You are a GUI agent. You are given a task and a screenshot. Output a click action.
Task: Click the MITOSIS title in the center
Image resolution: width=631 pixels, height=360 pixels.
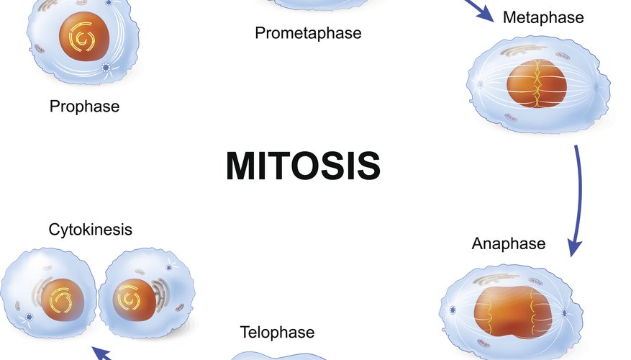click(x=303, y=166)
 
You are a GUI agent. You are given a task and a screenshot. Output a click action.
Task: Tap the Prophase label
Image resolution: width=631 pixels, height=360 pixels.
click(x=84, y=107)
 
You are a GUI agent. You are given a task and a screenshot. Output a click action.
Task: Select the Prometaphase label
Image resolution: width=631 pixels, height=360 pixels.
click(x=308, y=33)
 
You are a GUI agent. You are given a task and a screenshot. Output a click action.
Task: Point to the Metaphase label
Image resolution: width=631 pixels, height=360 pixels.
click(x=543, y=17)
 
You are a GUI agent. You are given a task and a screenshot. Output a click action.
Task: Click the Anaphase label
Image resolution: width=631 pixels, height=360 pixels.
click(x=509, y=243)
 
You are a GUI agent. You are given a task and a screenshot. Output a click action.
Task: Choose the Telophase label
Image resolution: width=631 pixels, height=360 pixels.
click(x=277, y=333)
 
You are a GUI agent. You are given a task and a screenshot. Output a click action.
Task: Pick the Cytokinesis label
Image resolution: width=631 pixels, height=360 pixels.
click(x=91, y=230)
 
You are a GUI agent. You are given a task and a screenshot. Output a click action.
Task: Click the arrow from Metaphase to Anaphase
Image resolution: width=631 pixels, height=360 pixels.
click(x=578, y=201)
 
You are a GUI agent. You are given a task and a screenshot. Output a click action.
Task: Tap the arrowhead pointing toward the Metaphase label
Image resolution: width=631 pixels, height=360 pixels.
click(x=485, y=15)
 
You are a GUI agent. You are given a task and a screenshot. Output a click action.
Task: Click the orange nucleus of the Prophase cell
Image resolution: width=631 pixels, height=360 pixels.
click(x=84, y=37)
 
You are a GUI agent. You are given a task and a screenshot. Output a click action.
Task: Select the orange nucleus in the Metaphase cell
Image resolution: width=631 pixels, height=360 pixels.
click(x=537, y=84)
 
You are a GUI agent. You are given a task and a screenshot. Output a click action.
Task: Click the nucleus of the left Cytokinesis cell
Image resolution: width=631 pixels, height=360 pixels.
click(x=63, y=300)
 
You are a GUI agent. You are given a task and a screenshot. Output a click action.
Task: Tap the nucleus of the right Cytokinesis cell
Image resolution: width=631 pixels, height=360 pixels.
click(x=134, y=300)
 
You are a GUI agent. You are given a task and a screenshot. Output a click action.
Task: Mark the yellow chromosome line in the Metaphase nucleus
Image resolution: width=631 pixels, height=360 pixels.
click(x=537, y=84)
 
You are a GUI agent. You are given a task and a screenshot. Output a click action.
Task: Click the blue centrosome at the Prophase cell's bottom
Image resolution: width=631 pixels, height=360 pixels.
click(x=106, y=68)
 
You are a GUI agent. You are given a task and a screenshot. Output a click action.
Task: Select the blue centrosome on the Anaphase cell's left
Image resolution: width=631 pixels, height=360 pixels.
click(x=453, y=310)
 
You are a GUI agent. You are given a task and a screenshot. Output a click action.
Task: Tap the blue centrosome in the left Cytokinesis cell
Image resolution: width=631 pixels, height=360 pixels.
click(x=29, y=317)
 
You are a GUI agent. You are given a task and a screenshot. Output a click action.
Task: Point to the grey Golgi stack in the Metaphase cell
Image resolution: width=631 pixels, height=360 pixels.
click(x=522, y=50)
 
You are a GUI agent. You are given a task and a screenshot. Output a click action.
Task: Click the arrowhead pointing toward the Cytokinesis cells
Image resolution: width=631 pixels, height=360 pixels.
click(x=101, y=353)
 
